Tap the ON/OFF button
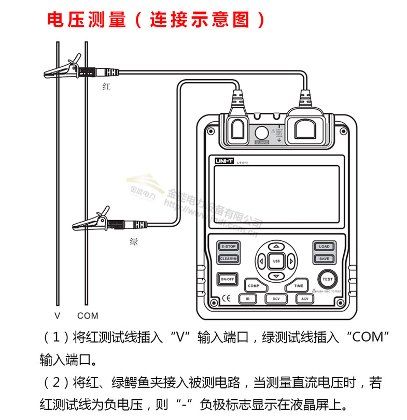[x=227, y=279]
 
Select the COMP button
[x=253, y=285]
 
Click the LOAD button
[x=324, y=247]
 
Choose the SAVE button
[x=324, y=258]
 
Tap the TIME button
[x=299, y=285]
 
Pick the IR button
[x=248, y=299]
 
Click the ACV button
[x=304, y=299]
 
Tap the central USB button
[x=276, y=261]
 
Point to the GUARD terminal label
[x=262, y=142]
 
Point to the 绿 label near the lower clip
[x=134, y=241]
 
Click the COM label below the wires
[x=87, y=315]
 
